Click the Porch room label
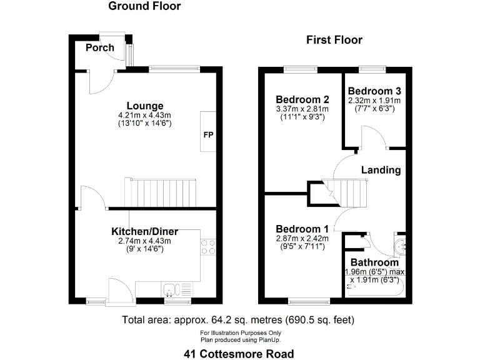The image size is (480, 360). (100, 47)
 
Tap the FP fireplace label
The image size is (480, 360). (209, 135)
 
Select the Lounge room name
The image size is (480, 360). (145, 106)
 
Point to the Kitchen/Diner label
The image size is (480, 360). (145, 231)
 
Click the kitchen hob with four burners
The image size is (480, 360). (208, 247)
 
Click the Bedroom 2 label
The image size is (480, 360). (302, 99)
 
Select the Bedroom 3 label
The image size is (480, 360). (374, 91)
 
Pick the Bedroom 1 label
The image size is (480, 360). (302, 229)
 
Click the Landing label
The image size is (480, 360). (381, 170)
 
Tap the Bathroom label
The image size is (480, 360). (374, 262)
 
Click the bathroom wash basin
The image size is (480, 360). (401, 246)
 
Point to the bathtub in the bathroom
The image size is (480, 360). (375, 286)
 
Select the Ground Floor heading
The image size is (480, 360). (144, 6)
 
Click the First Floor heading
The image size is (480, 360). (334, 40)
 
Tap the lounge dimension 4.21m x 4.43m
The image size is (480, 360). (144, 116)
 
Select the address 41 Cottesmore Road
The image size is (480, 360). (239, 354)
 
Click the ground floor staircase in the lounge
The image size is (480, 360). (160, 193)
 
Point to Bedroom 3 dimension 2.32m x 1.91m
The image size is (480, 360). (374, 101)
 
